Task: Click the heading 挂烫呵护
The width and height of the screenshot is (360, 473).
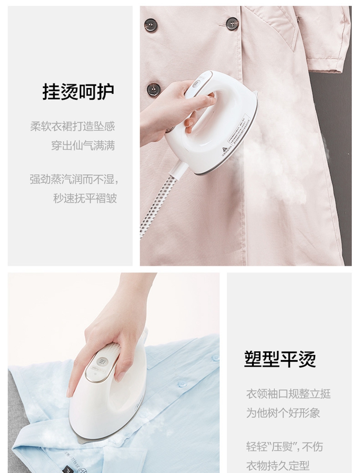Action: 78,92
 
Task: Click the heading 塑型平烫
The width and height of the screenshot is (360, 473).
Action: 280,359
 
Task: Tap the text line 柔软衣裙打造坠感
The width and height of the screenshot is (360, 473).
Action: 72,126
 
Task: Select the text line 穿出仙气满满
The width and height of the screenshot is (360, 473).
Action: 83,146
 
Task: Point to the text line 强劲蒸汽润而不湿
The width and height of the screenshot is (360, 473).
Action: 74,179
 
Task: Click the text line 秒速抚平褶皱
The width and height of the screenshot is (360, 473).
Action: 85,198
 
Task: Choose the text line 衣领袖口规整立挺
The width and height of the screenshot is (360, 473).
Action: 288,394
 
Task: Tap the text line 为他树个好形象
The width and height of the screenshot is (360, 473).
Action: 283,413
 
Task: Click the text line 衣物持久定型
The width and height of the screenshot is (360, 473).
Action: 278,465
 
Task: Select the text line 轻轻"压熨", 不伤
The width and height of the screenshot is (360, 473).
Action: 284,447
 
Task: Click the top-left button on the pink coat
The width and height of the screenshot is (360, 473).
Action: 151,25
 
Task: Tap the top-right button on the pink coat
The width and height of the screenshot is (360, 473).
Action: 232,24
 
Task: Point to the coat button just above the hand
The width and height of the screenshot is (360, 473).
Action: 154,89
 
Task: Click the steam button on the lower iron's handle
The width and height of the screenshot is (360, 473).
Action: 103,362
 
